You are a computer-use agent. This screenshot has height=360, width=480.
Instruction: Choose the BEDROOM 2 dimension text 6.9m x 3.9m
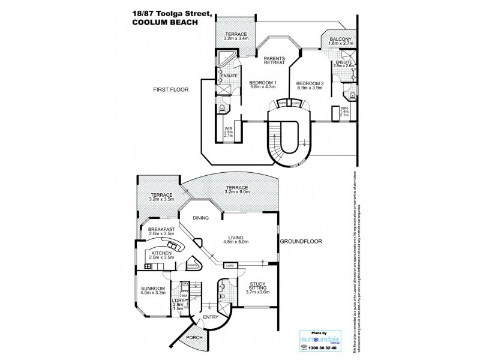point(311,88)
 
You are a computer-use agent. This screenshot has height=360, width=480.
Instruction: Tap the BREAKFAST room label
point(161,229)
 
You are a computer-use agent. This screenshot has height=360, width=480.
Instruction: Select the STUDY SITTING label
point(251,289)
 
